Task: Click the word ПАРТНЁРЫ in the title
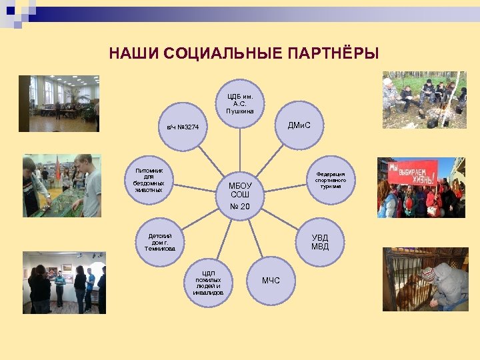(x=333, y=53)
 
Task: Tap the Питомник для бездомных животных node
(x=149, y=181)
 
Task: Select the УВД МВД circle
(x=319, y=242)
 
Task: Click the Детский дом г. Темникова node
(x=160, y=242)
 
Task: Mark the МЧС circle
(x=271, y=280)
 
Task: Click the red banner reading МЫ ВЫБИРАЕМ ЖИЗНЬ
(x=413, y=173)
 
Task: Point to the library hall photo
(x=64, y=103)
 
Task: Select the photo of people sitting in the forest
(x=424, y=99)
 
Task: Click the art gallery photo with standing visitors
(x=64, y=282)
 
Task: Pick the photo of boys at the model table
(x=61, y=186)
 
